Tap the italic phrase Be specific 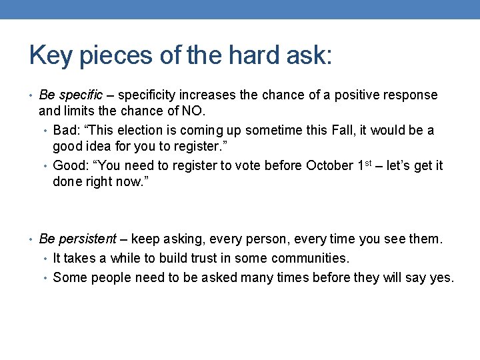tap(71, 95)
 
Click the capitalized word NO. tap(196, 111)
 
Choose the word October tap(328, 165)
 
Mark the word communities tap(311, 258)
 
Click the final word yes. tap(441, 277)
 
